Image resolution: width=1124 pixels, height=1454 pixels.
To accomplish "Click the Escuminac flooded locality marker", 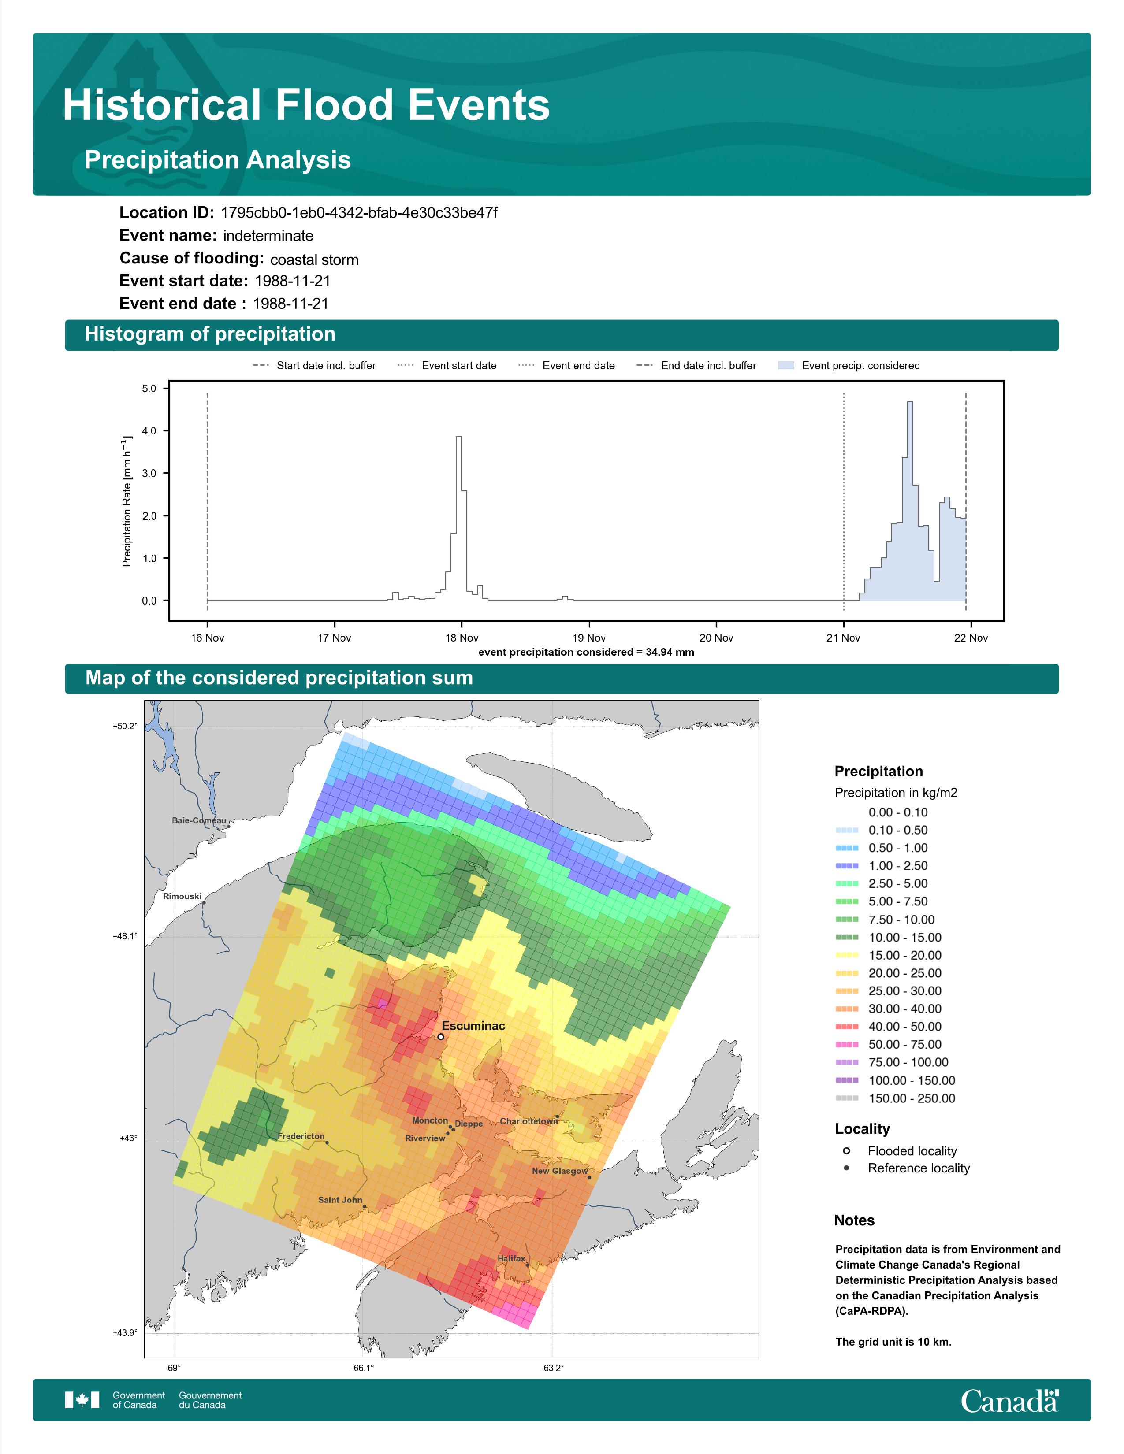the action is click(441, 1037).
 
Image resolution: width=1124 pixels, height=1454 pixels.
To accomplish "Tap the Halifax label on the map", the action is click(511, 1258).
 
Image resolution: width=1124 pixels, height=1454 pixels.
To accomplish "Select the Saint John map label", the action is click(340, 1200).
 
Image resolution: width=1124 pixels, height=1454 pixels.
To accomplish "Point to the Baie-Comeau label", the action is click(199, 820).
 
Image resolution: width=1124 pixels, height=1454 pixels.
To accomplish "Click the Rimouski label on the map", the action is click(182, 896).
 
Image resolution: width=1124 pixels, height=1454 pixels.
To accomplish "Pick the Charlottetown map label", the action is click(529, 1121).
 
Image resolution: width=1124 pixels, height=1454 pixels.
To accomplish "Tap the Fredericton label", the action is click(301, 1136).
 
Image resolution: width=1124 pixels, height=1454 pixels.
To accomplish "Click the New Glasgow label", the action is click(560, 1170).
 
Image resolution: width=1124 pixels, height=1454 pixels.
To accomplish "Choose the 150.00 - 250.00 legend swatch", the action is click(846, 1098).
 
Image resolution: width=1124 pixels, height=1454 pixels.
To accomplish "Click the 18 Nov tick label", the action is click(462, 638).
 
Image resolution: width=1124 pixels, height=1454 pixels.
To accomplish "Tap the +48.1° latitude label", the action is click(125, 936).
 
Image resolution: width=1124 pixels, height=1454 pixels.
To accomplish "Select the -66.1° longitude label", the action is click(363, 1368).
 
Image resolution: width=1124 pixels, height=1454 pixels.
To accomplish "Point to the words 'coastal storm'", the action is click(314, 260).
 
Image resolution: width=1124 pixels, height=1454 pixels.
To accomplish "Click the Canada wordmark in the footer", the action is click(1009, 1401).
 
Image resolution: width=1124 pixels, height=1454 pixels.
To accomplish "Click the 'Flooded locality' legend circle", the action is click(846, 1150).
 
